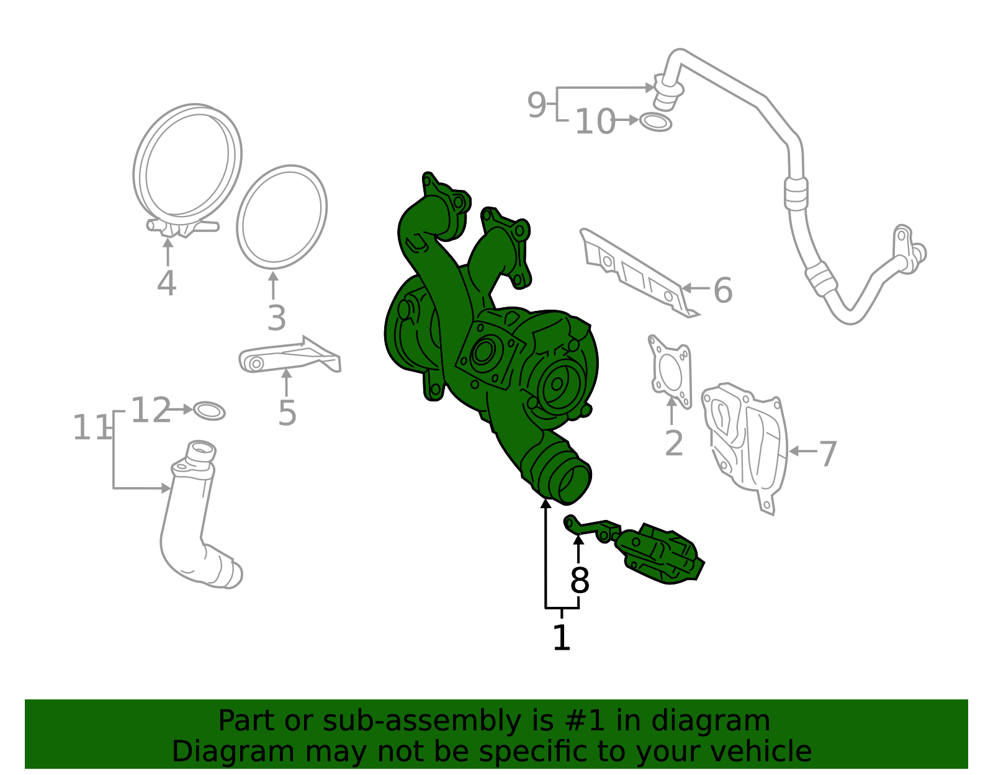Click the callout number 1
[561, 638]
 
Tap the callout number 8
[579, 581]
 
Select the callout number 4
[166, 284]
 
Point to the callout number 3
[276, 318]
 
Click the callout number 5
[287, 413]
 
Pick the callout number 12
[150, 411]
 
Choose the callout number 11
[91, 428]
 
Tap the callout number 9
[537, 105]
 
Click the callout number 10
[595, 122]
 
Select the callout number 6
[723, 290]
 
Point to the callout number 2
[674, 444]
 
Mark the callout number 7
[828, 454]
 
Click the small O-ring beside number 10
[655, 122]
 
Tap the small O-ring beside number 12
[209, 411]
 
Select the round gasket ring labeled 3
[282, 217]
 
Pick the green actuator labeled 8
[658, 553]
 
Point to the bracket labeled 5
[289, 358]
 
